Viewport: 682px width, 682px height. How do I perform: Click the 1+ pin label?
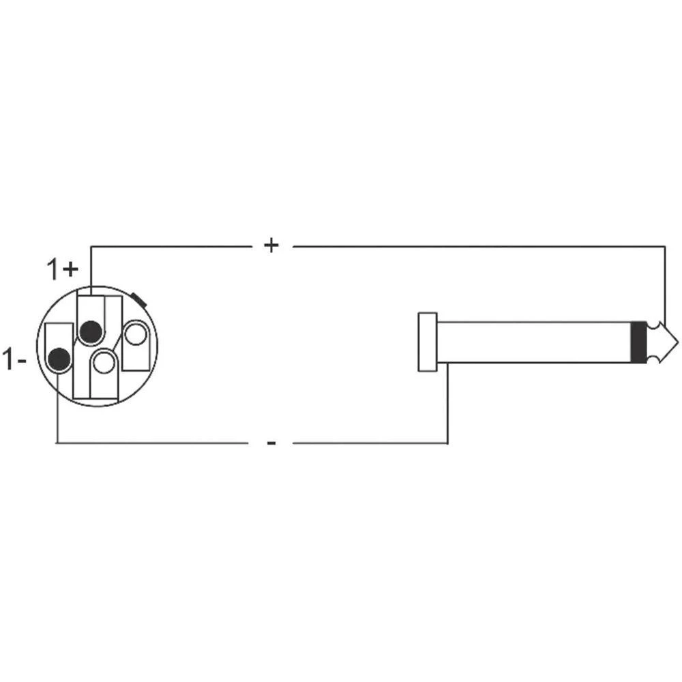pyautogui.click(x=63, y=269)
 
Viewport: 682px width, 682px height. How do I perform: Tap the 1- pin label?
pyautogui.click(x=14, y=359)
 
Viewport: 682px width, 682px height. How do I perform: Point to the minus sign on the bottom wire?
pyautogui.click(x=271, y=443)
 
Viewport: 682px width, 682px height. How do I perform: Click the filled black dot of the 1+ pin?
pyautogui.click(x=90, y=331)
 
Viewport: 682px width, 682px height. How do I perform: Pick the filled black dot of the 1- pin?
pyautogui.click(x=59, y=359)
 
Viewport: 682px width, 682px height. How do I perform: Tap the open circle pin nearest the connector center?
pyautogui.click(x=104, y=362)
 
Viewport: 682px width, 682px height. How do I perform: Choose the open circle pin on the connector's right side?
pyautogui.click(x=135, y=336)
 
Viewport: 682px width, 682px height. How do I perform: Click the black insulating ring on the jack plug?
pyautogui.click(x=638, y=342)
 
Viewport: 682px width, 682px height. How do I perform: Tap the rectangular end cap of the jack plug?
pyautogui.click(x=428, y=342)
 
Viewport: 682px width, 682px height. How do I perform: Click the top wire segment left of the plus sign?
pyautogui.click(x=170, y=246)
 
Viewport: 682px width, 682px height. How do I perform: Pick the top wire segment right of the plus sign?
pyautogui.click(x=477, y=246)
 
